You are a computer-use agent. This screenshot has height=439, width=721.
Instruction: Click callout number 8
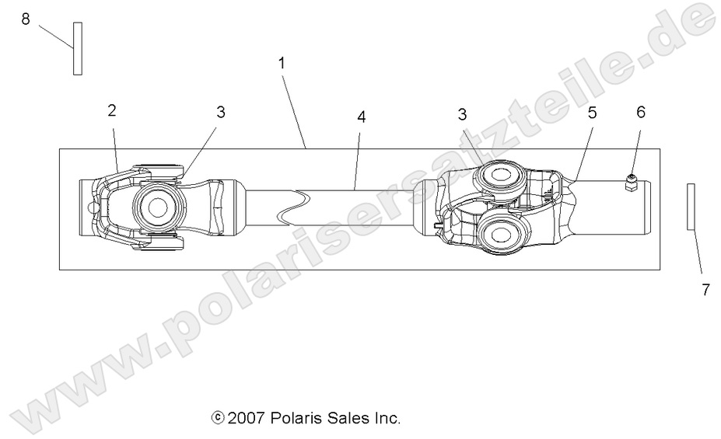pos(26,19)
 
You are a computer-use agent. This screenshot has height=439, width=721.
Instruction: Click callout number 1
pos(282,63)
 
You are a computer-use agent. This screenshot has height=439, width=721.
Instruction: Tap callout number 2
pos(112,110)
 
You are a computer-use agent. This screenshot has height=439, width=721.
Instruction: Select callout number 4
pos(361,117)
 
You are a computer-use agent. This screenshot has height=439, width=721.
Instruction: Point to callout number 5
pos(592,112)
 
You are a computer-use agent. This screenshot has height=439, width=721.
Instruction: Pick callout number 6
pos(641,112)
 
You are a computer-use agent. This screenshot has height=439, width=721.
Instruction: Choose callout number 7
pos(705,290)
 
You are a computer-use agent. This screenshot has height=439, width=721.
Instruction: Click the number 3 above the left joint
pos(221,112)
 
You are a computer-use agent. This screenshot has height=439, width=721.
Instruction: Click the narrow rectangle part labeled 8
pos(78,48)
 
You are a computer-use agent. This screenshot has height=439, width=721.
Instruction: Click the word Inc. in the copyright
pos(387,419)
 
